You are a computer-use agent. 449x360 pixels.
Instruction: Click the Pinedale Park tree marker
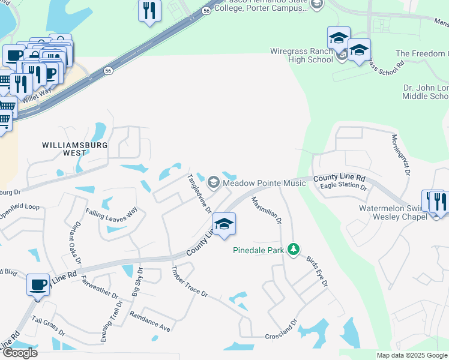coord(293,248)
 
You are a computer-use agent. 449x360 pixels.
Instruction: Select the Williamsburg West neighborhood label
coord(75,149)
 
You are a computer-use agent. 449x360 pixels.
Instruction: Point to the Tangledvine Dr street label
coord(200,193)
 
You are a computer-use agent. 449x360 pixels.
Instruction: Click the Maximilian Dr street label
coord(266,210)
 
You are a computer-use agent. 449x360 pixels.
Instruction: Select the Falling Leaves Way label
coord(112,212)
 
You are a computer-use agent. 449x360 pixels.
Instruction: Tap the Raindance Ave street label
coord(150,322)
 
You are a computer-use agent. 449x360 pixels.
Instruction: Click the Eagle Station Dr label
coord(343,187)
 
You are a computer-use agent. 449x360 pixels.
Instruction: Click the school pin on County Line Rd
coord(224,224)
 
